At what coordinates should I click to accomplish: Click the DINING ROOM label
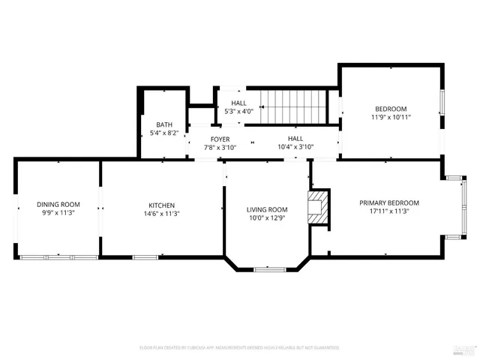click(58, 204)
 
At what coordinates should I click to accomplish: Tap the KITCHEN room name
click(161, 205)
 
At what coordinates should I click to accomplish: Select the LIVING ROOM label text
click(268, 209)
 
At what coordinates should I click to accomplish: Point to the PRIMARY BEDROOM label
click(388, 202)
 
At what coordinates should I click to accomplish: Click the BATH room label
click(164, 124)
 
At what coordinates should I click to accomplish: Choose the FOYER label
click(220, 139)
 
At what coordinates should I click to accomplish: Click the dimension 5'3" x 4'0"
click(238, 112)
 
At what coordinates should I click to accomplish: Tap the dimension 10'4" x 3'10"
click(295, 148)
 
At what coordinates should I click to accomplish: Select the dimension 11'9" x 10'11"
click(391, 117)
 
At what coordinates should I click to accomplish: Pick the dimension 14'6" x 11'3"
click(161, 214)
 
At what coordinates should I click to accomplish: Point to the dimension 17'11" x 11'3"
click(388, 211)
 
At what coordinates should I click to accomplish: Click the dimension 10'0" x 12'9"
click(268, 218)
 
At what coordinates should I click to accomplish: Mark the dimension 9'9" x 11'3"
click(58, 213)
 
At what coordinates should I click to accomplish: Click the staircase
click(295, 106)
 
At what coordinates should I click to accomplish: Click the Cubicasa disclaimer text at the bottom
click(239, 347)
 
